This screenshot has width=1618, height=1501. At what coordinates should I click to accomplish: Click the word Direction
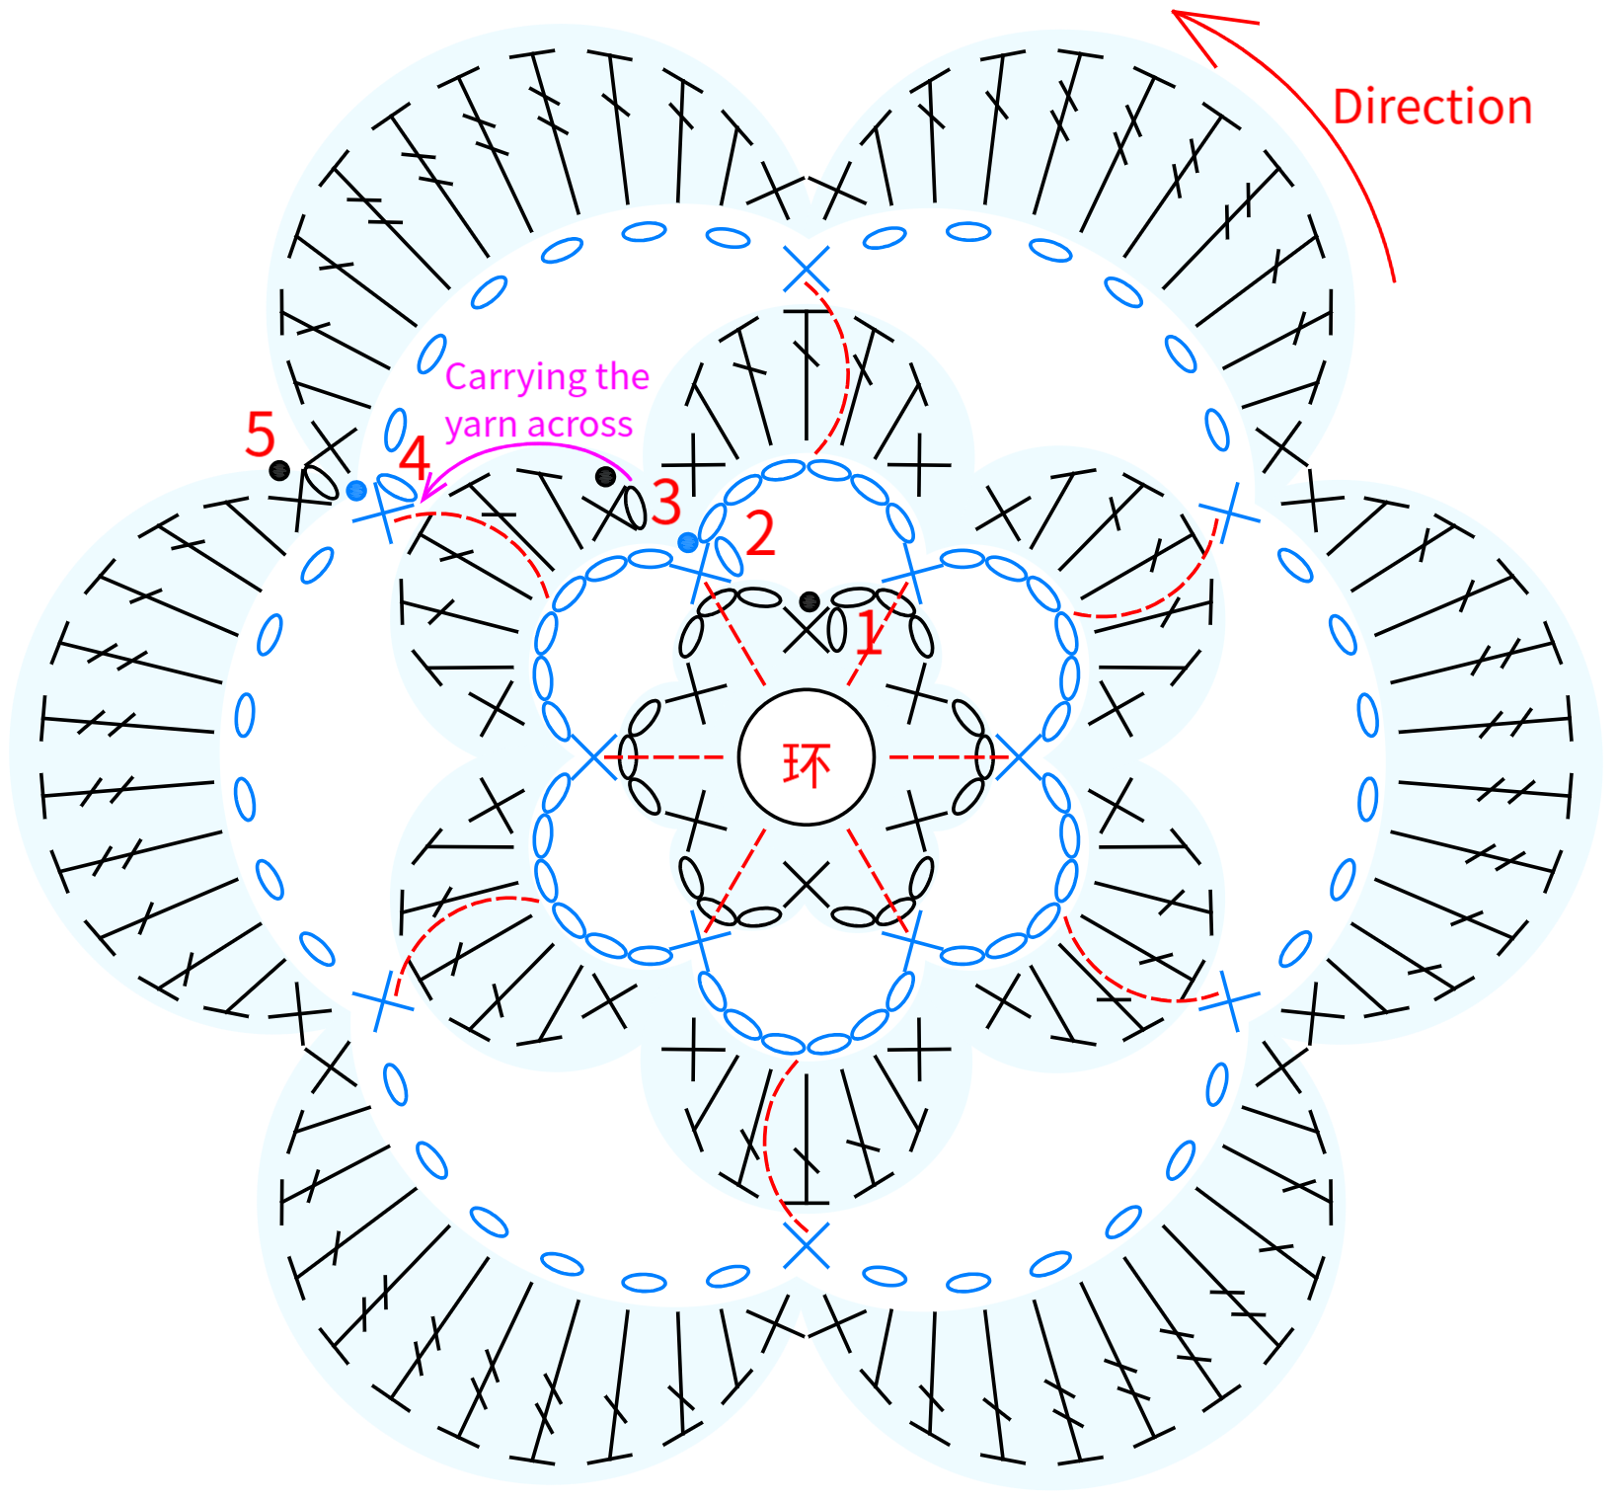[1432, 107]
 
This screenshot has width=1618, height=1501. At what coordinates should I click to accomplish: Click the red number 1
[868, 632]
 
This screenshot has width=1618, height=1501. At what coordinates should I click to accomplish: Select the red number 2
[760, 534]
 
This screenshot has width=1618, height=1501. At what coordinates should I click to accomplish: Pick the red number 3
[666, 502]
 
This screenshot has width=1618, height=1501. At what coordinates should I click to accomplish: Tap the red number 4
[415, 458]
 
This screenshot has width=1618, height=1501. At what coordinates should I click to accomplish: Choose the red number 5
[260, 434]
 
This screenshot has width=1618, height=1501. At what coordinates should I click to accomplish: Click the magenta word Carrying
[505, 377]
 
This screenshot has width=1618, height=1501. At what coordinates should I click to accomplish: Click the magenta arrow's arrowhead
[424, 494]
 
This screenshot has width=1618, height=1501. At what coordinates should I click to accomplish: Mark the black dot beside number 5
[279, 470]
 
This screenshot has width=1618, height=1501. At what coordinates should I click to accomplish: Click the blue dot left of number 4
[356, 490]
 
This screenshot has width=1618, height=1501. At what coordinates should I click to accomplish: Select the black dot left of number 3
[605, 477]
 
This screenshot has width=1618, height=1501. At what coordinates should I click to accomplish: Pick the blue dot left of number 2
[688, 542]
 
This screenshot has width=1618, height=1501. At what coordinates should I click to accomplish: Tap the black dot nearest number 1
[809, 600]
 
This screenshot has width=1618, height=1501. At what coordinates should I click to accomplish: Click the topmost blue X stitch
[807, 270]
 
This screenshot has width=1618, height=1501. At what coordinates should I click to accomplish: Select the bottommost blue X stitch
[807, 1245]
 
